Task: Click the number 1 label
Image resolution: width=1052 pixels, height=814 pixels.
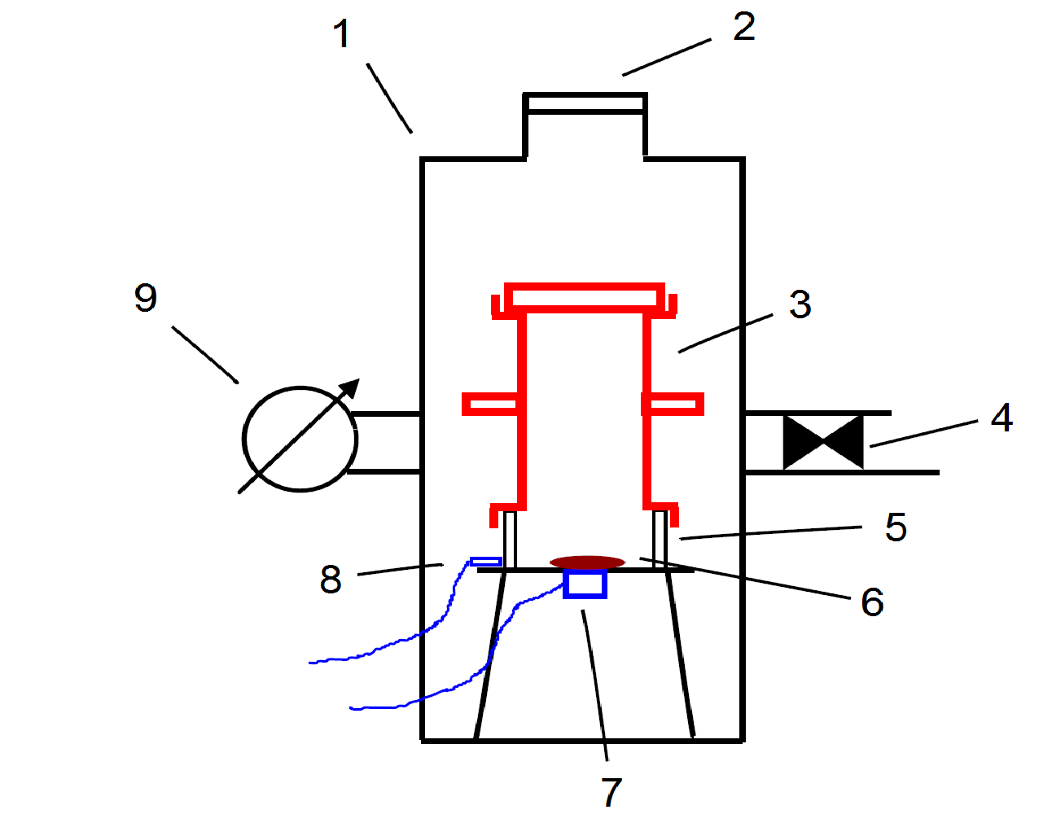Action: pos(341,34)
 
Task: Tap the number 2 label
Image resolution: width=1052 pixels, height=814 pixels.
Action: pos(743,27)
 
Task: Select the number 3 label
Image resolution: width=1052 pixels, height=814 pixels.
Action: pos(800,304)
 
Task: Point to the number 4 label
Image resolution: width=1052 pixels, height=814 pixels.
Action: pos(1002,418)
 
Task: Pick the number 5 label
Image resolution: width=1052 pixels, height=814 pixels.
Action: pos(896,527)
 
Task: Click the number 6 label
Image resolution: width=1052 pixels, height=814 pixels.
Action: pos(872,602)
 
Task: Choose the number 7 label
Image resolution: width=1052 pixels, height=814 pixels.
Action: pos(611,791)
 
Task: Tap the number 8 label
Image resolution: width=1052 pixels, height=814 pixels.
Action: pos(331,580)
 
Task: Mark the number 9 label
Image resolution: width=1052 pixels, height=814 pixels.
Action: pos(146,298)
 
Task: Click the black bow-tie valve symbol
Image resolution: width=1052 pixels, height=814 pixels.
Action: pos(822,442)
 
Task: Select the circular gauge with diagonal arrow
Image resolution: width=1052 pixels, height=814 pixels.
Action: pos(300,439)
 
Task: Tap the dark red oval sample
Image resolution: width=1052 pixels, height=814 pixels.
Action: pos(587,562)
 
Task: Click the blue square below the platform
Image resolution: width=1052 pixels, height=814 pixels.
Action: pos(585,584)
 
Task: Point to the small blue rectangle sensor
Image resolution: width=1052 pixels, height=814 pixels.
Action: pos(486,562)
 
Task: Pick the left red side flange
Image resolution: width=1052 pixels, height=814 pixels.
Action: pos(490,404)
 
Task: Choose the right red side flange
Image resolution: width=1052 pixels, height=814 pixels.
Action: pos(673,404)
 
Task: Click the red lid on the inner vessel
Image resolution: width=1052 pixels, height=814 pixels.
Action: pos(584,296)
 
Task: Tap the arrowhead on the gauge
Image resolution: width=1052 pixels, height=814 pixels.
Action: pos(349,388)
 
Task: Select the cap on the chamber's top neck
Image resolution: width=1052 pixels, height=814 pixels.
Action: pos(585,103)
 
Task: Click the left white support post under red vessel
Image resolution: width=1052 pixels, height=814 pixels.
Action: pos(510,539)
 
